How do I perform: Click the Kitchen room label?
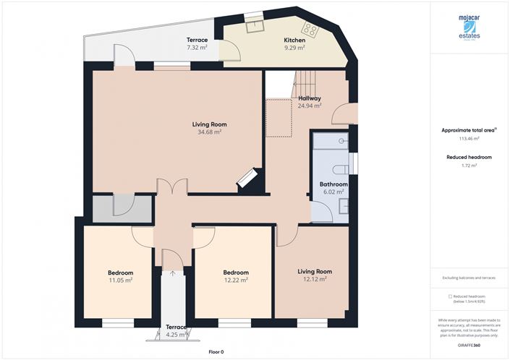coord(294,40)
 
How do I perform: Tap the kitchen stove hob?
coord(311,30)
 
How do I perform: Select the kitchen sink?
coord(254,26)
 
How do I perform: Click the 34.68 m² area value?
coord(208,132)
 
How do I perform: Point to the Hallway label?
coord(309,98)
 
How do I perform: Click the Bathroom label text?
coord(333,184)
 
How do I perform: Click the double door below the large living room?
coord(171,187)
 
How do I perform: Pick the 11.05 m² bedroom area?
coord(121,280)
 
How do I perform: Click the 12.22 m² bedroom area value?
coord(236,280)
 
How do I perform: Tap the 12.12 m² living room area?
coord(315,279)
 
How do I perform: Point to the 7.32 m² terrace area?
coord(197,48)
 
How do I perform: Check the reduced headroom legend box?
coord(450,296)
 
